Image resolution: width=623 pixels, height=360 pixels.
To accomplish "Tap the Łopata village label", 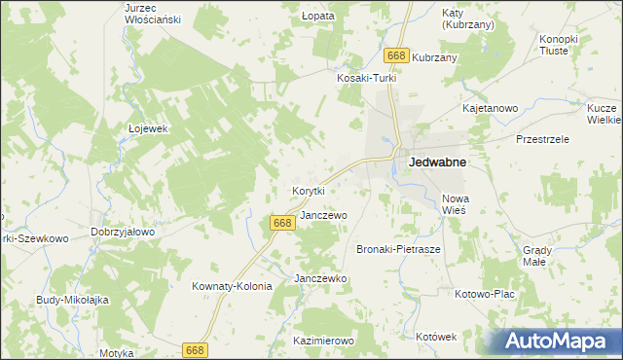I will coord(318,17).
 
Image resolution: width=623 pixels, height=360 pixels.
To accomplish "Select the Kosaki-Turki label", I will coord(363,78).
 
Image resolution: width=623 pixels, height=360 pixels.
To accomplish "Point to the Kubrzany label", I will coord(434,57).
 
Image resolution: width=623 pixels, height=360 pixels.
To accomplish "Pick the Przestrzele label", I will coord(542,139).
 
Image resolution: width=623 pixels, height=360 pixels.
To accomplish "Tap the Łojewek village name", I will coord(149,127).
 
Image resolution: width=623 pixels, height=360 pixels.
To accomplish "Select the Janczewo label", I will coord(323,215).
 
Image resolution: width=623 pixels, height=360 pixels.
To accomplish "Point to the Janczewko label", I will coord(320,278).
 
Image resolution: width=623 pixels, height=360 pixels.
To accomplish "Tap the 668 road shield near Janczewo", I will coord(281,224).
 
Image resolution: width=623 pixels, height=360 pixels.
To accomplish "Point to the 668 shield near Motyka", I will coord(196,350).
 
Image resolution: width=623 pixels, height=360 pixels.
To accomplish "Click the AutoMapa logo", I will coord(556,341).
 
